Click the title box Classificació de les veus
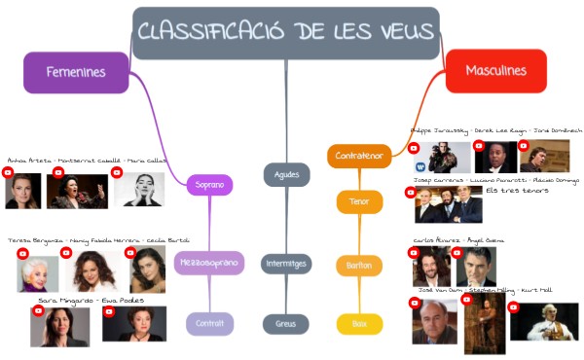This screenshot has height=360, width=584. coord(285,32)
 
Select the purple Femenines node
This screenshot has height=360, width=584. coord(76,72)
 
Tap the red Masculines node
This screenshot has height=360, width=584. coord(495,71)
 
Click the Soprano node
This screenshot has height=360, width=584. coord(209,184)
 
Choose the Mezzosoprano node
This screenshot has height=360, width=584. coord(209,263)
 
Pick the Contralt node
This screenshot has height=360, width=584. coord(209,324)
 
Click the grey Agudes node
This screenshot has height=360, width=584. coord(286,175)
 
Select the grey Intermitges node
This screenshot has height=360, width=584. coord(286,264)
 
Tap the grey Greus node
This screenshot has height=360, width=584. coord(286,324)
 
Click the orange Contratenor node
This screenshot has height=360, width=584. coord(358,156)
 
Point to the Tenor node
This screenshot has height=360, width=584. coord(359,202)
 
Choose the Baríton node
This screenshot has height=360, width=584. coord(359,265)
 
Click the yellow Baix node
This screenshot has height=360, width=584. coord(359,324)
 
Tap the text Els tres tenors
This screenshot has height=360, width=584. coord(517,191)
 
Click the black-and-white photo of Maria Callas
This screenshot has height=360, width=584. coord(139,189)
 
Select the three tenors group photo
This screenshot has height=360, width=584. coord(449,205)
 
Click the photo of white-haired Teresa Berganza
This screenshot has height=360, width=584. coord(38,271)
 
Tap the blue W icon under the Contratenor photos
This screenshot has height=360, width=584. coord(420,167)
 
